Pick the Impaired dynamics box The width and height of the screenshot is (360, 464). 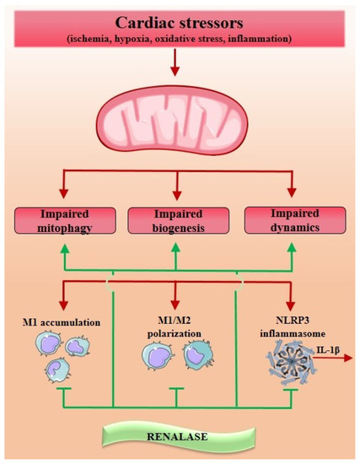[x=290, y=221]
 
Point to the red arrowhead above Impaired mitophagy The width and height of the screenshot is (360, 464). [x=62, y=197]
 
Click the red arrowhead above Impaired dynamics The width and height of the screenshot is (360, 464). [x=290, y=197]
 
